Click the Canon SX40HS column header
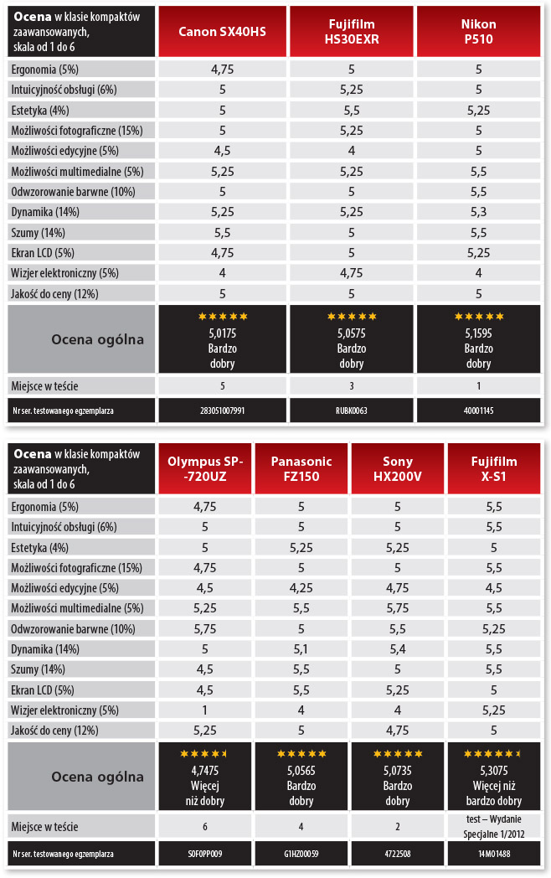click(223, 32)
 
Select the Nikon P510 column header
click(479, 32)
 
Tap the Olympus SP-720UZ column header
click(205, 468)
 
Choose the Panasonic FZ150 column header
click(301, 468)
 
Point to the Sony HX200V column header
click(398, 468)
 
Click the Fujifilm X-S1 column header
click(494, 468)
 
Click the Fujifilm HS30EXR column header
click(352, 32)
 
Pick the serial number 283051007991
click(223, 411)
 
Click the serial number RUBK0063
click(352, 411)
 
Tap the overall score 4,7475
click(205, 771)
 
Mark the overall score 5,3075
click(494, 771)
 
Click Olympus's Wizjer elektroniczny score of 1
click(205, 710)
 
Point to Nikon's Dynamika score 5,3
click(479, 212)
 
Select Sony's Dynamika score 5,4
click(398, 648)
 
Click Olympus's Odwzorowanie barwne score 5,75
click(205, 628)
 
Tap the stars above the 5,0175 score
click(223, 317)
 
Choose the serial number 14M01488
click(494, 853)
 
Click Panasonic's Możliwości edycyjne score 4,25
click(301, 587)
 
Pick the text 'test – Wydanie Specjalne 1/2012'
click(494, 827)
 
